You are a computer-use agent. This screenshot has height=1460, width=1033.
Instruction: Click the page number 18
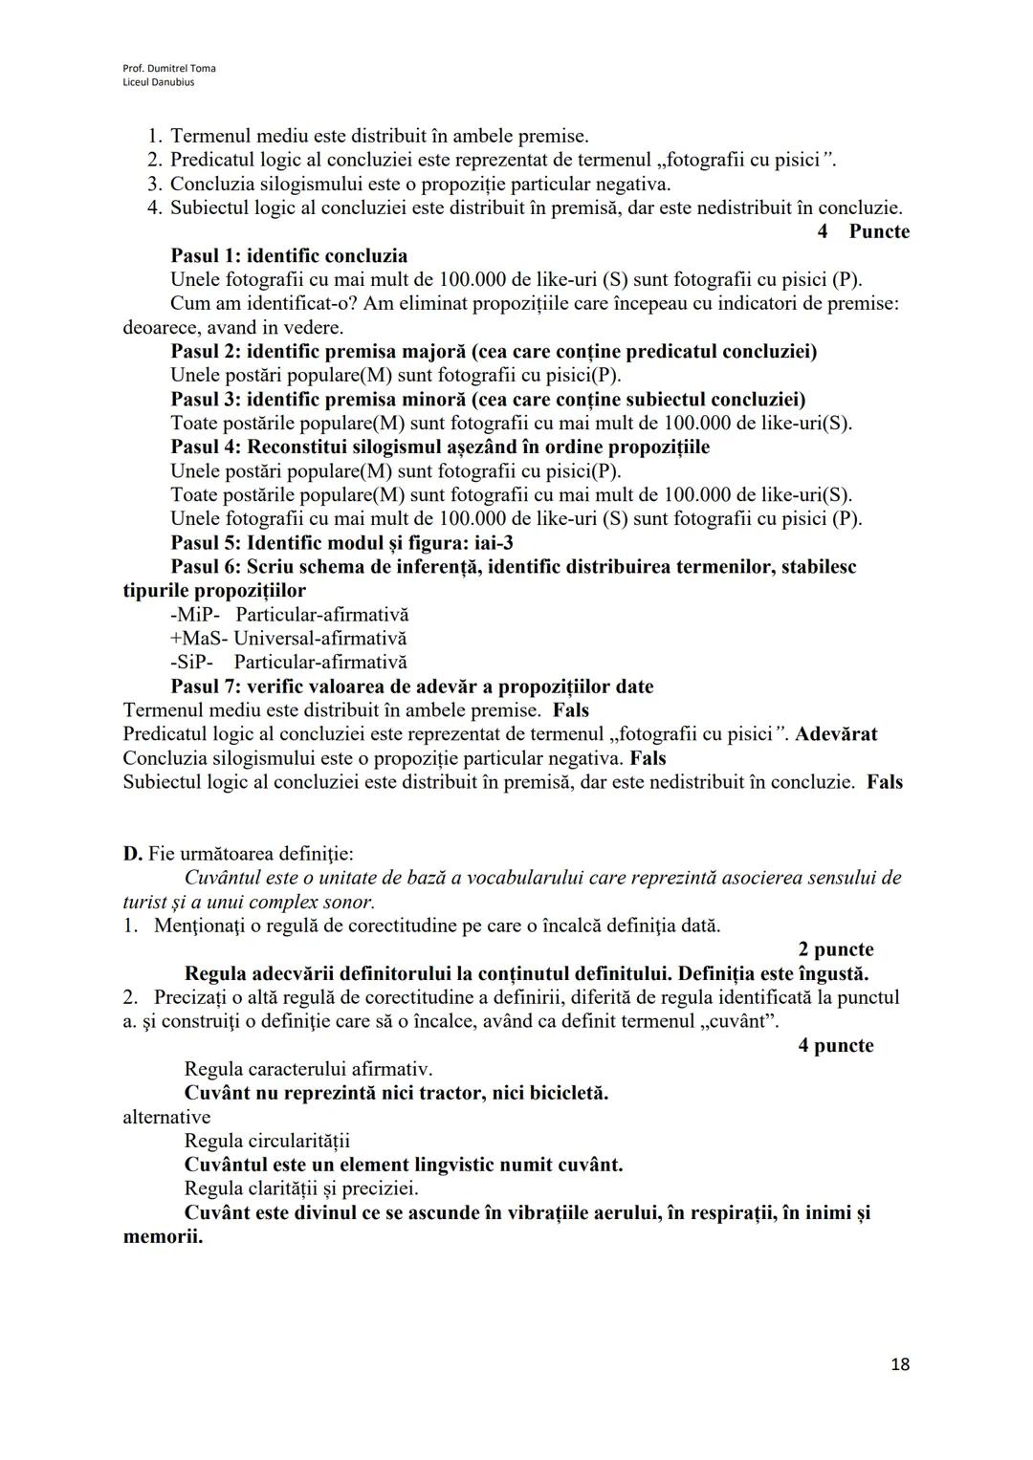[899, 1364]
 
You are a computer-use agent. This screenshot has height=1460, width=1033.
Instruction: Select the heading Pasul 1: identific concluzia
[289, 255]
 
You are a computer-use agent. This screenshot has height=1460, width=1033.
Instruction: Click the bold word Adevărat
[836, 734]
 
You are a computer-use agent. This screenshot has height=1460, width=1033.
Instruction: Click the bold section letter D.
[132, 853]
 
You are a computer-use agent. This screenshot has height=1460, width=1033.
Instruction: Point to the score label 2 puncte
[835, 949]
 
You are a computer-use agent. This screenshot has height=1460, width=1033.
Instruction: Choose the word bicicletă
[563, 1093]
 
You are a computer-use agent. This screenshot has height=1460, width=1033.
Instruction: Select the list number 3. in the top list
[155, 184]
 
